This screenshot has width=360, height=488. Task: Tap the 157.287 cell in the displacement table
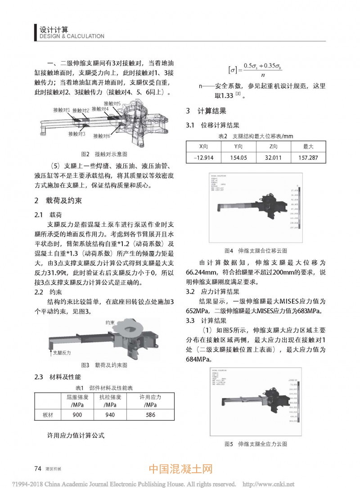tap(308, 157)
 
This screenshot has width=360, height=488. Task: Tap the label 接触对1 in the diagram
tap(61, 110)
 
